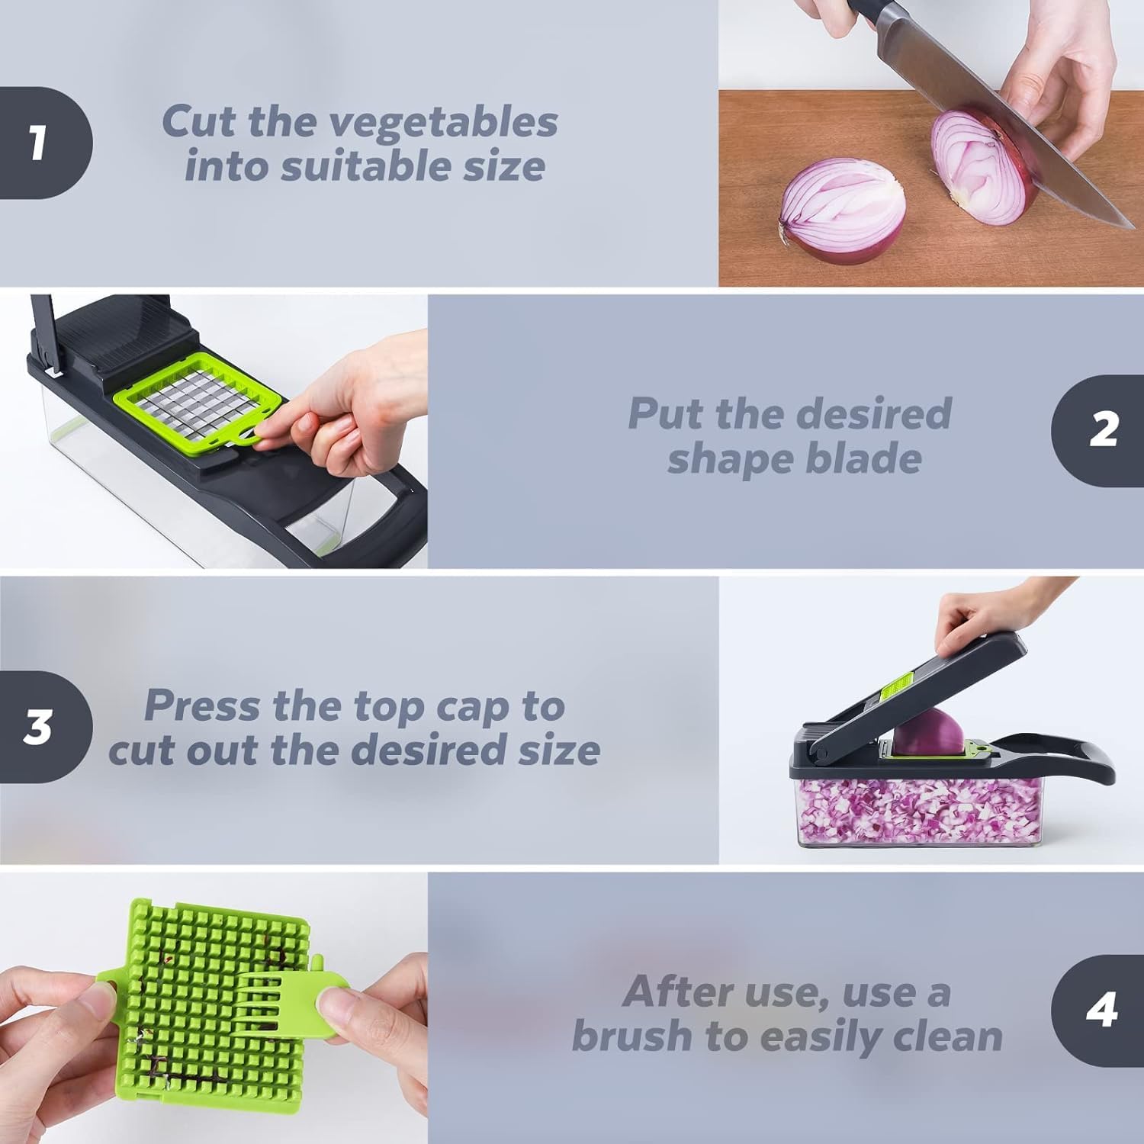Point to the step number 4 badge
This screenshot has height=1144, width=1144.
1101,1010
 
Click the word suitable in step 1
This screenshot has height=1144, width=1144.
367,167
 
